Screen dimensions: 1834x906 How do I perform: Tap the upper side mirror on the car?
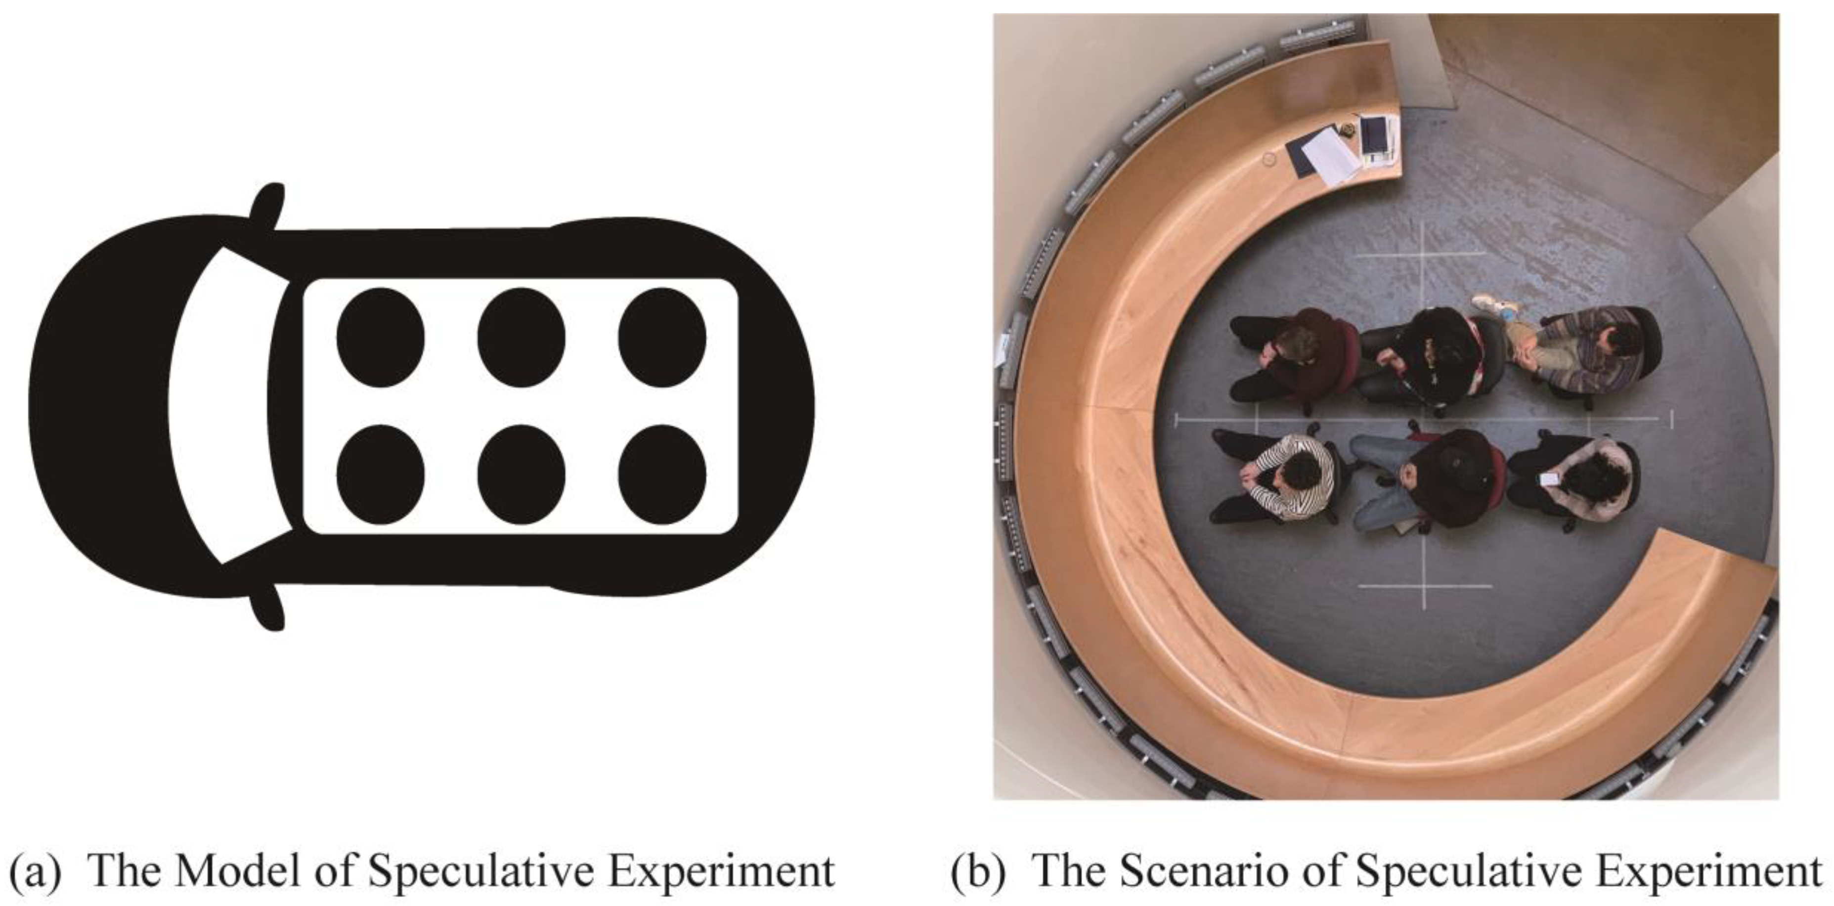(x=269, y=207)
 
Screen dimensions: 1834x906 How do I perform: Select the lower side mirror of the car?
(x=269, y=605)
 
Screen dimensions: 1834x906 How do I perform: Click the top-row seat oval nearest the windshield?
(x=380, y=338)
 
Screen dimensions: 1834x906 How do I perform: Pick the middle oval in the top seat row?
(x=521, y=338)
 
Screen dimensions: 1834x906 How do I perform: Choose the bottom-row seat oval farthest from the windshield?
(x=662, y=475)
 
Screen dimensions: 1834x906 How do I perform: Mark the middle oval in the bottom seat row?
(x=521, y=475)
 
